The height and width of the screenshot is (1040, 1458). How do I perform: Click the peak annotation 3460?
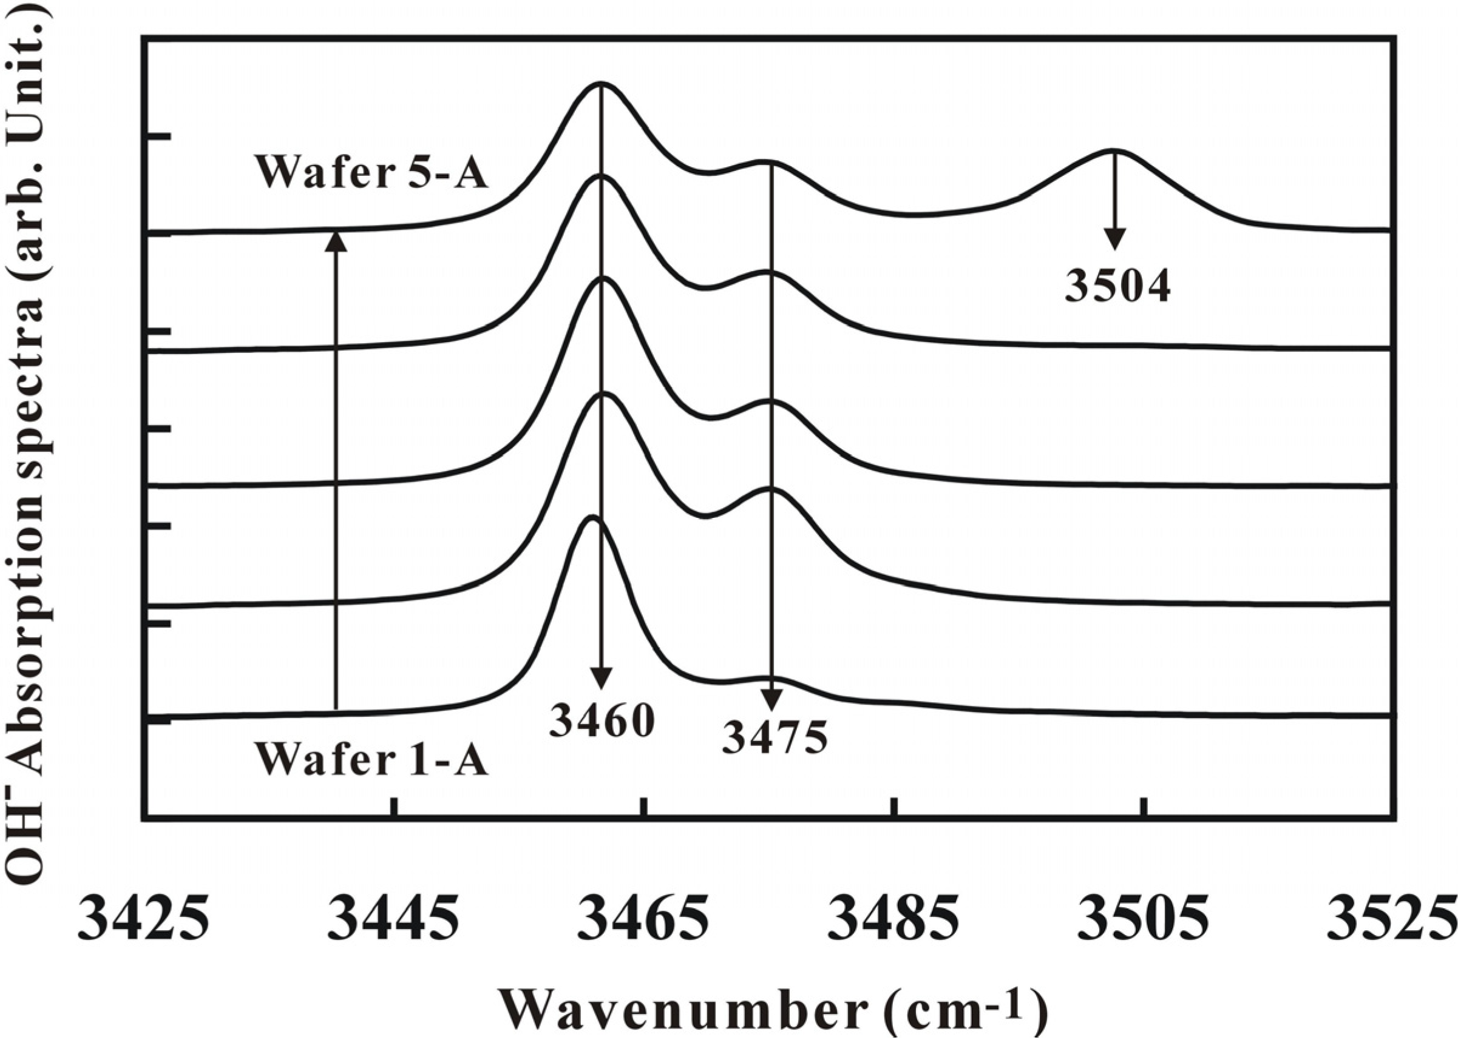(601, 722)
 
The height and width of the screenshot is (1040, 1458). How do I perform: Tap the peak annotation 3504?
(1117, 286)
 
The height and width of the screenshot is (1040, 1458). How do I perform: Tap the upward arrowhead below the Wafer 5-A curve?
(336, 242)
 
